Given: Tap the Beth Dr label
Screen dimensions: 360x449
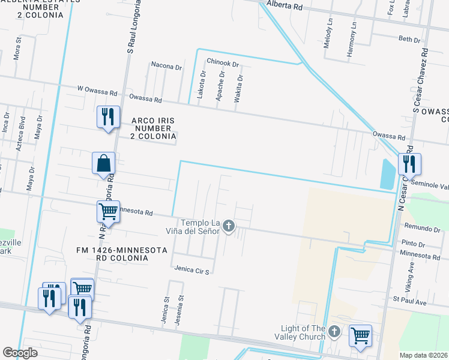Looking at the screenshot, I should pos(409,39).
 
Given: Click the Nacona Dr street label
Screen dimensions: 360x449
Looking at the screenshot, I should pos(166,67).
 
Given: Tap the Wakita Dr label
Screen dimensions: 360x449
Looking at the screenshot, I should pos(240,88).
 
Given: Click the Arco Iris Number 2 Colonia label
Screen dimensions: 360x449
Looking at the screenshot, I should pos(152,128).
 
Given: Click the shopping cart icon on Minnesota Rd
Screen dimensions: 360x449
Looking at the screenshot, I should pos(108,211).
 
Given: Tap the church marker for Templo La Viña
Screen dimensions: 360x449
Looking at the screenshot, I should pos(228,226).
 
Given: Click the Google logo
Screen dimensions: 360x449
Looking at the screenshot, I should pos(20,353).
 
